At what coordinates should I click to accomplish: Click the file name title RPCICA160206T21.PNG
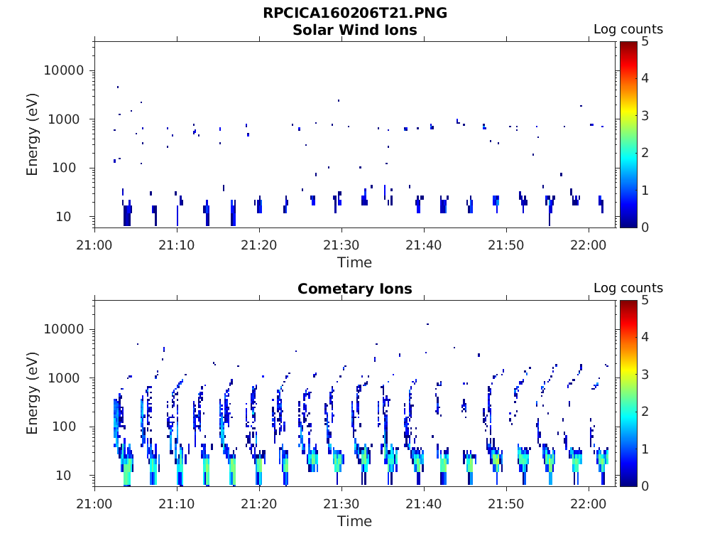coord(355,13)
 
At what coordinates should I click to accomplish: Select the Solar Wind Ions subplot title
coord(355,30)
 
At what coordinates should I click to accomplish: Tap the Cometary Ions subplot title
coord(355,289)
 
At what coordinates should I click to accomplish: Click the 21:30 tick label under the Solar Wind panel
coord(341,245)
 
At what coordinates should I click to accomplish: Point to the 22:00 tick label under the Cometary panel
coord(589,504)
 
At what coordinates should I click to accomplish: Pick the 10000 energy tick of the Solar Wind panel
coord(64,70)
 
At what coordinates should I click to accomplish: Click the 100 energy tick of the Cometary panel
coord(64,427)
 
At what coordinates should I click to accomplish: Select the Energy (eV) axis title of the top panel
coord(32,134)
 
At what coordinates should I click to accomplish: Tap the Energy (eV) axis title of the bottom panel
coord(32,393)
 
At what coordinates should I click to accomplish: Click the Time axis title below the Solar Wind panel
coord(355,263)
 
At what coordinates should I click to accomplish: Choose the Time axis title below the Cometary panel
coord(355,521)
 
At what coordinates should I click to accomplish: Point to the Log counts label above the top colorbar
coord(628,29)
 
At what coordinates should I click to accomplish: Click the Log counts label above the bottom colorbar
coord(628,288)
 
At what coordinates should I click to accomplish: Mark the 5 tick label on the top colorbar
coord(645,42)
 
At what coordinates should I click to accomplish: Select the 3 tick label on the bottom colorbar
coord(645,375)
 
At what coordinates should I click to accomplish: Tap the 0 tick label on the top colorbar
coord(645,227)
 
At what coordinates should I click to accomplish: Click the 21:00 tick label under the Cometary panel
coord(94,504)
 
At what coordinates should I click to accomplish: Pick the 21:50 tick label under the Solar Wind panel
coord(505,245)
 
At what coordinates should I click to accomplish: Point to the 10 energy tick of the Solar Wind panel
coord(63,216)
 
